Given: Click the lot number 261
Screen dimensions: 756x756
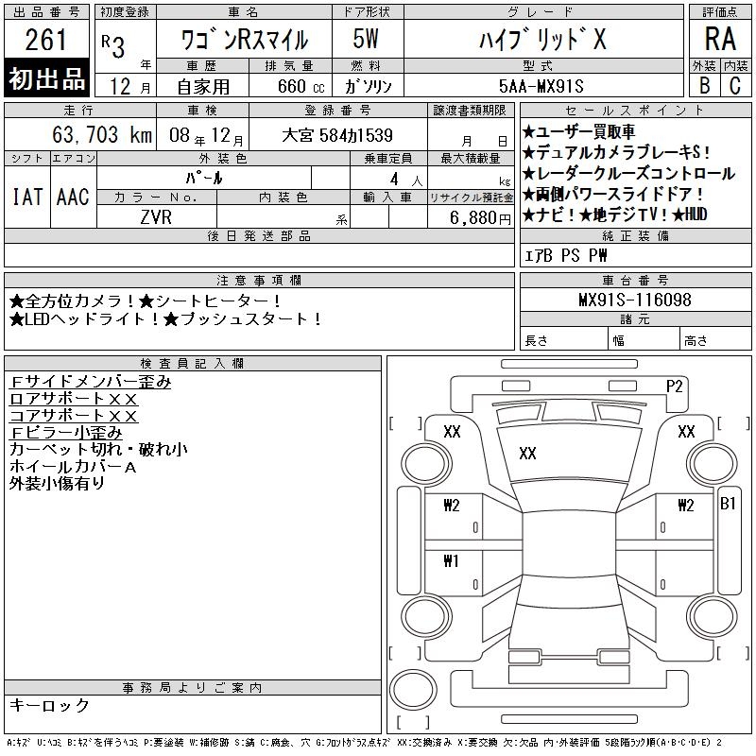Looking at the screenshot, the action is coord(45,40).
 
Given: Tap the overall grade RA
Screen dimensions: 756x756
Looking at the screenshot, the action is coord(720,39).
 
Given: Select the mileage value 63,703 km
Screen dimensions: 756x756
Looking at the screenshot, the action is coord(102,134).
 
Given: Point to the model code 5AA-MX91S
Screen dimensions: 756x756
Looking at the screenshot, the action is coord(541,86).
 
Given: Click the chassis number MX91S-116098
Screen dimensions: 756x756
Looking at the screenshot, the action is coord(635,300).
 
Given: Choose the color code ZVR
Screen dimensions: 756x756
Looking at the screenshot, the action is coord(156,217).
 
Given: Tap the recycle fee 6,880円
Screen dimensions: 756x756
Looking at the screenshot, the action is coord(480,218).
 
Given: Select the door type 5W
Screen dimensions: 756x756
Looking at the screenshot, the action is coord(366,39).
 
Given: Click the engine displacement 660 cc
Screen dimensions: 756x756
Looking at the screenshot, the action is coord(301,86).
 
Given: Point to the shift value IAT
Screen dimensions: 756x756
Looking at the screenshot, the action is coord(27,197).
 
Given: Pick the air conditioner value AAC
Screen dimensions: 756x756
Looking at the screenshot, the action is coord(73,197).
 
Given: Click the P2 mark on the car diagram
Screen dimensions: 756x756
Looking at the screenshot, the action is coord(675,387).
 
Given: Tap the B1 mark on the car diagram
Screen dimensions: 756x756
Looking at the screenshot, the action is coord(728,504).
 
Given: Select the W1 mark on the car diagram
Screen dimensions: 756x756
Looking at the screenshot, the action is coord(452,560).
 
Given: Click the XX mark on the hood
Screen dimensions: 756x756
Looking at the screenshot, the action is coord(527,454).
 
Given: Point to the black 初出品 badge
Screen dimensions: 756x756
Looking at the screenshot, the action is coord(46,78).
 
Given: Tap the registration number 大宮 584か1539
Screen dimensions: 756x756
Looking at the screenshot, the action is coord(337,135).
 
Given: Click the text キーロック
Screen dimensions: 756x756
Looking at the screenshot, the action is coord(49,705).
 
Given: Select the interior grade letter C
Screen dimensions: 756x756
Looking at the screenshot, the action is coord(735,86).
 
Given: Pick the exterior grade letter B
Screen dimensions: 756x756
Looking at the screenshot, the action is coord(704,86).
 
